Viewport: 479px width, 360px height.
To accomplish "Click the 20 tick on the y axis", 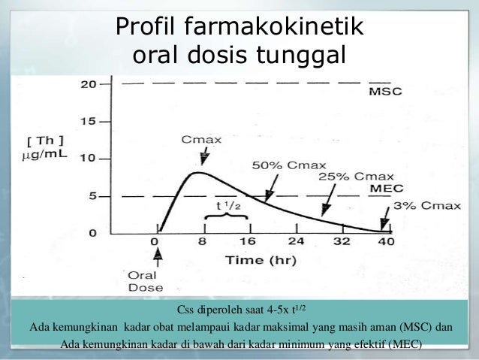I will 89,84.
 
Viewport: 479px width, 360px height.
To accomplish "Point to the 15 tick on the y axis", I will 89,121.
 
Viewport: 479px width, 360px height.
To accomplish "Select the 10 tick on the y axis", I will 89,159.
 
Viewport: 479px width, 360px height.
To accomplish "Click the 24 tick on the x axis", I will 297,243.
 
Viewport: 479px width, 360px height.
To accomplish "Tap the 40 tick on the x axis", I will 386,243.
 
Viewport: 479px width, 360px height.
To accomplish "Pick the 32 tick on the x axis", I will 342,243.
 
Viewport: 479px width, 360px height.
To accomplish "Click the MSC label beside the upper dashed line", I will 385,92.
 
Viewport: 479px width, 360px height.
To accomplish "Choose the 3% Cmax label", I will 429,205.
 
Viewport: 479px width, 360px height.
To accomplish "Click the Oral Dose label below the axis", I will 159,281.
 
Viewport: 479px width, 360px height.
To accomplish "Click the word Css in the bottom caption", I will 187,310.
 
